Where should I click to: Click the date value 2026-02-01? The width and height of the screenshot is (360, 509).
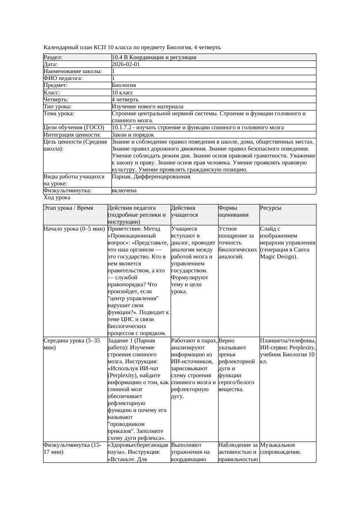[x=126, y=64]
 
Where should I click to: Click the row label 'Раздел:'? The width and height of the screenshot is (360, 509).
[x=53, y=57]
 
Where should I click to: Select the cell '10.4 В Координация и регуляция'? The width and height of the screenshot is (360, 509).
[x=154, y=57]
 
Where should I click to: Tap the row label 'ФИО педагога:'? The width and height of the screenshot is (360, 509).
[x=63, y=78]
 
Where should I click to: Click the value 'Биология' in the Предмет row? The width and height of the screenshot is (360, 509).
[x=124, y=85]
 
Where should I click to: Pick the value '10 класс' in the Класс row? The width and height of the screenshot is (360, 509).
[x=122, y=92]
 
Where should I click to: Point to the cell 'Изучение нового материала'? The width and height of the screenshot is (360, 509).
[x=147, y=106]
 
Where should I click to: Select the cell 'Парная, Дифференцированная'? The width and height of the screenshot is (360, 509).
[x=151, y=177]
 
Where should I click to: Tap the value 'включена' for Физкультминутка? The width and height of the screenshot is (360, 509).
[x=124, y=191]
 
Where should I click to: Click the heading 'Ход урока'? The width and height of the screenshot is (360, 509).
[x=57, y=198]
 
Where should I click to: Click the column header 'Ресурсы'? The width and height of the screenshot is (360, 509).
[x=271, y=208]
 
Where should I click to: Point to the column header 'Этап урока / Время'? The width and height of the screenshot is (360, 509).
[x=68, y=208]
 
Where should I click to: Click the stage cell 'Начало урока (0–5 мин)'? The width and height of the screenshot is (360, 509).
[x=74, y=228]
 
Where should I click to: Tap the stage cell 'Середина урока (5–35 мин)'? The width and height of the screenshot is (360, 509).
[x=72, y=344]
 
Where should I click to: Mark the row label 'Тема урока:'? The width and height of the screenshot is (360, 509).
[x=59, y=114]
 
